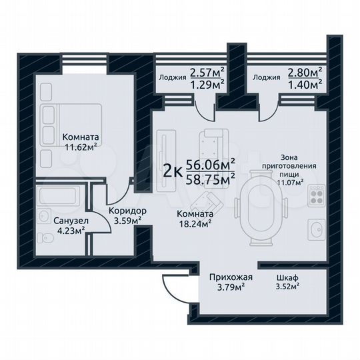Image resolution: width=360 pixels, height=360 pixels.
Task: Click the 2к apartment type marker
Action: click(173, 171)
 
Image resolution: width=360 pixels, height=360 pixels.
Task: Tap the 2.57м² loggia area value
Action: click(207, 71)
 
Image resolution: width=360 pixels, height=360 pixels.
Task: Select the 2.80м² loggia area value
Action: click(305, 71)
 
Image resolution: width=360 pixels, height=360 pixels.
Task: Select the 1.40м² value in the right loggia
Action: click(305, 83)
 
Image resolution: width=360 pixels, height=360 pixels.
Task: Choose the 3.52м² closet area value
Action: click(287, 287)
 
